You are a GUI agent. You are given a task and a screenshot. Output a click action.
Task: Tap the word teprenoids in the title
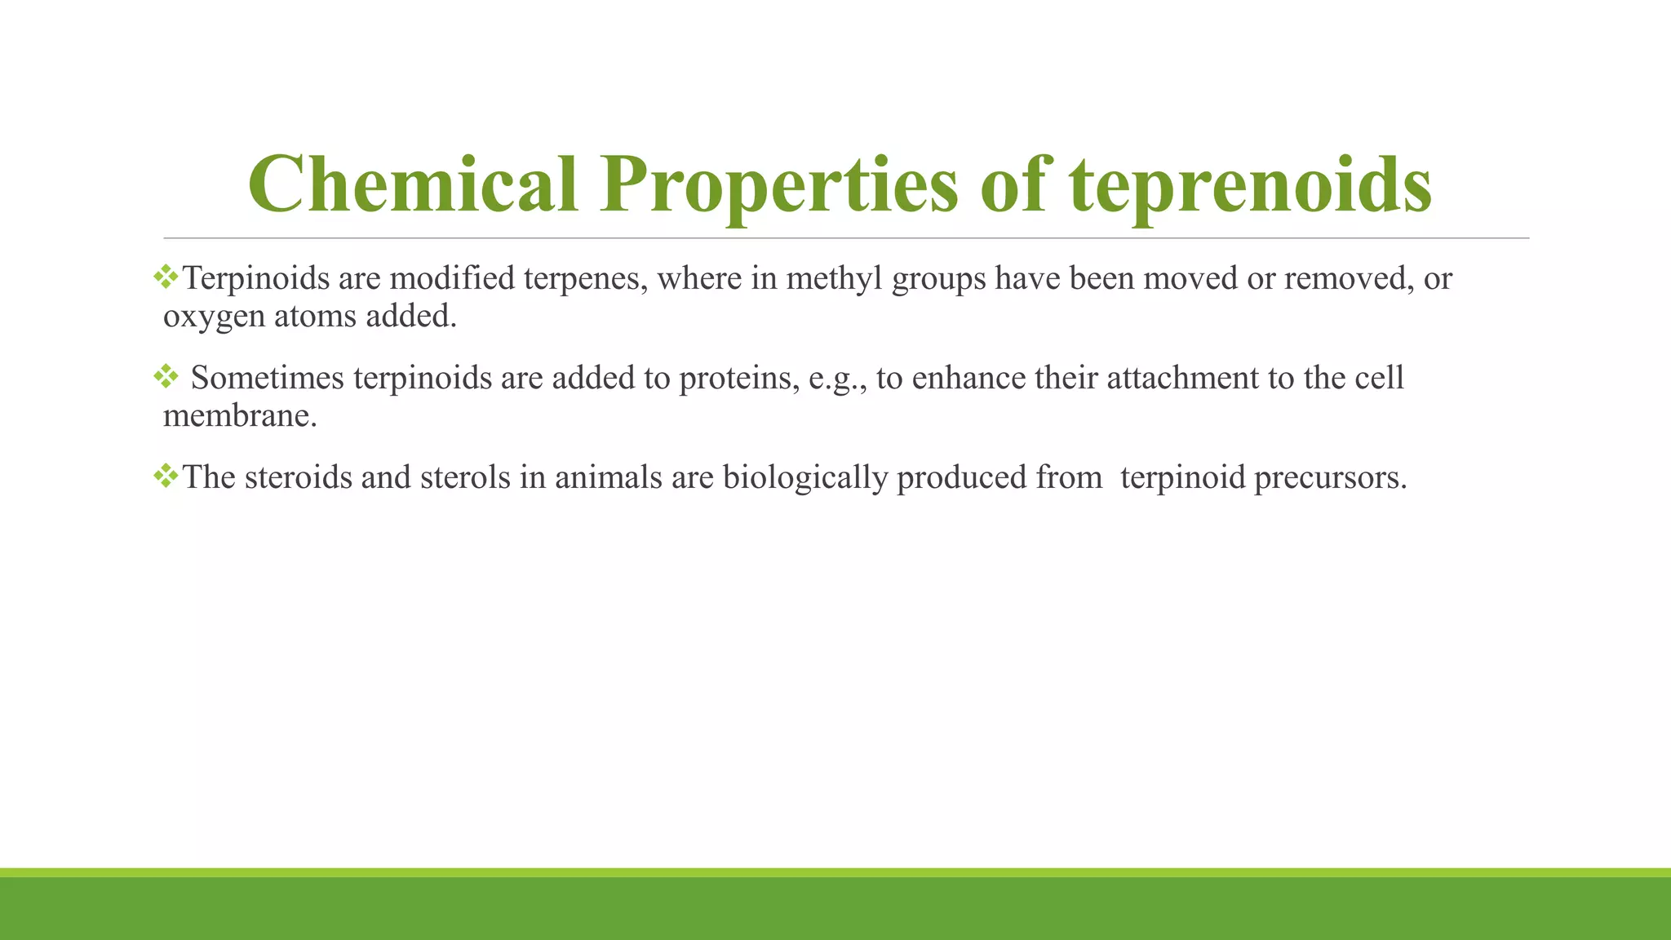click(x=1249, y=186)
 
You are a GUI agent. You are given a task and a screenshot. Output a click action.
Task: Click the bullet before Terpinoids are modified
click(x=166, y=277)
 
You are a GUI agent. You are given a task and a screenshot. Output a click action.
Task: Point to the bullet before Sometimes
click(x=166, y=377)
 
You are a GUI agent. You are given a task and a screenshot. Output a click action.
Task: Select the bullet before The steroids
click(x=166, y=476)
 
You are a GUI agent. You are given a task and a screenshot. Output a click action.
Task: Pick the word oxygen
click(x=214, y=317)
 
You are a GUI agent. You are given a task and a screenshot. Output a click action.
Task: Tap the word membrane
click(x=239, y=416)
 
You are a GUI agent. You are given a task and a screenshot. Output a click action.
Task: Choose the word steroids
click(x=298, y=477)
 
